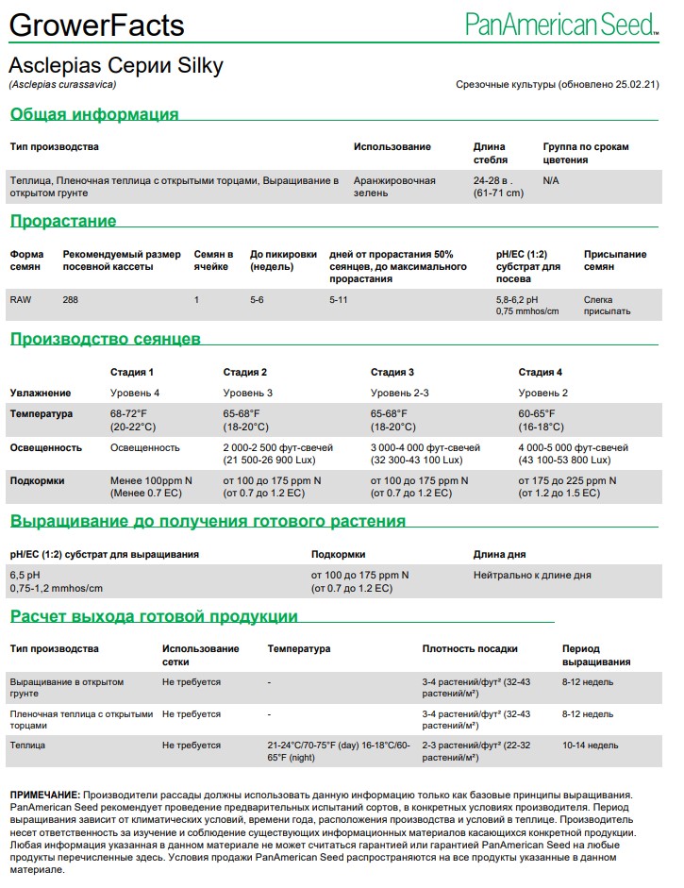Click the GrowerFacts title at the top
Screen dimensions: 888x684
(96, 25)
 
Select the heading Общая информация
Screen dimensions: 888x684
(94, 115)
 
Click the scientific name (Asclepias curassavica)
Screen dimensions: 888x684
(62, 85)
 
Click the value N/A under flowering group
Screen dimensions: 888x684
(551, 180)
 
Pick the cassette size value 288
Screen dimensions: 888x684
(71, 300)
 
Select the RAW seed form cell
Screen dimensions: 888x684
(21, 300)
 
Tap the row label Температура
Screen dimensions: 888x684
(41, 414)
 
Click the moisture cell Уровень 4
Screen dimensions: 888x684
(135, 393)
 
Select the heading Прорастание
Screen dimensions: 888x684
(63, 222)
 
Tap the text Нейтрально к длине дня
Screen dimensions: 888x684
(532, 575)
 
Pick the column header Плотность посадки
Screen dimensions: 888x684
(470, 649)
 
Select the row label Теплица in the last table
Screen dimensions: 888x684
(27, 746)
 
